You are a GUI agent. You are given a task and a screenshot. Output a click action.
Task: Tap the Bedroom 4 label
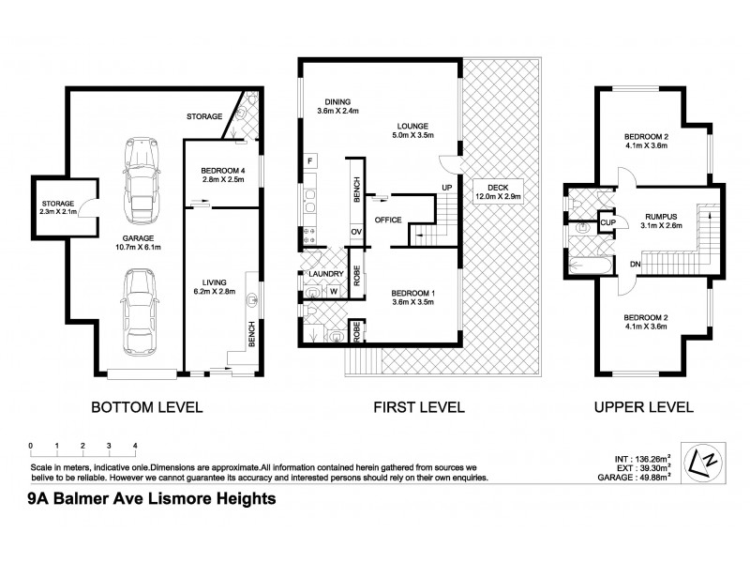click(222, 171)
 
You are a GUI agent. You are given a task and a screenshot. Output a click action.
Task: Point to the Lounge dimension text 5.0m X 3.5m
click(412, 135)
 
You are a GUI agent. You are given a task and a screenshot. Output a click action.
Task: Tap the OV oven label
click(356, 229)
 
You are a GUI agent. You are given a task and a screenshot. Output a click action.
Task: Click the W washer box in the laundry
click(333, 291)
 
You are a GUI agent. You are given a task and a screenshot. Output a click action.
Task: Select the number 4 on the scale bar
click(135, 445)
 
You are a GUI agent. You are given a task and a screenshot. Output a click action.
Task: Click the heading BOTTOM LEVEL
click(145, 407)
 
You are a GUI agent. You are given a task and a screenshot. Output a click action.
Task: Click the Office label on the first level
click(389, 220)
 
